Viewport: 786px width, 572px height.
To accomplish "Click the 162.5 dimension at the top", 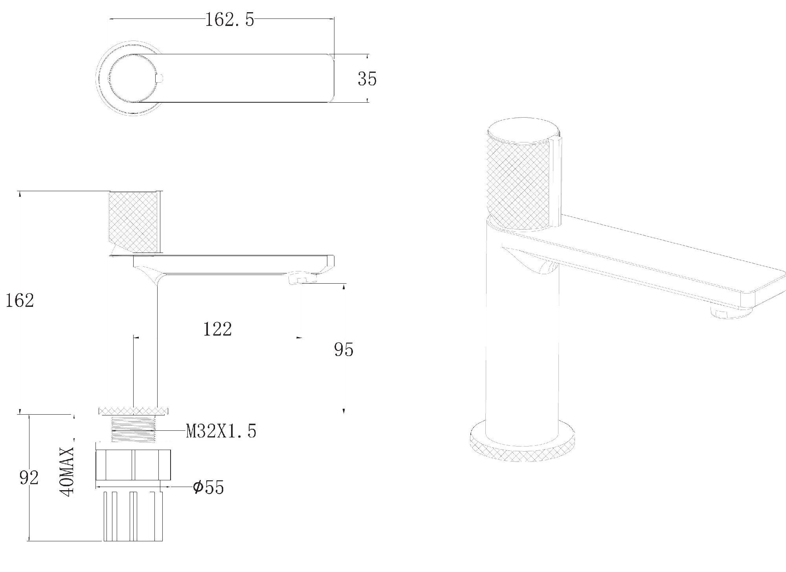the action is [x=230, y=20].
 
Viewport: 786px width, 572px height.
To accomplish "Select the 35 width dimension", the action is [x=367, y=79].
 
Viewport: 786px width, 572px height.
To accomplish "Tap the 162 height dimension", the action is [x=20, y=301].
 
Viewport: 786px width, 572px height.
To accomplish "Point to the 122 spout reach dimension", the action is [x=217, y=329].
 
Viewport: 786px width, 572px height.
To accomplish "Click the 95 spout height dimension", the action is [x=344, y=349].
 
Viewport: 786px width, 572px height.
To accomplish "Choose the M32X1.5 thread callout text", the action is [x=221, y=431].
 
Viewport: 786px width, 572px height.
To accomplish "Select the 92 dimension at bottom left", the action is [x=29, y=478].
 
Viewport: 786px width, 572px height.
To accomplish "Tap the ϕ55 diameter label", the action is [x=209, y=487].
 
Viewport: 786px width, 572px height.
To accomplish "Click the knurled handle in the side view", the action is [x=134, y=222].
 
